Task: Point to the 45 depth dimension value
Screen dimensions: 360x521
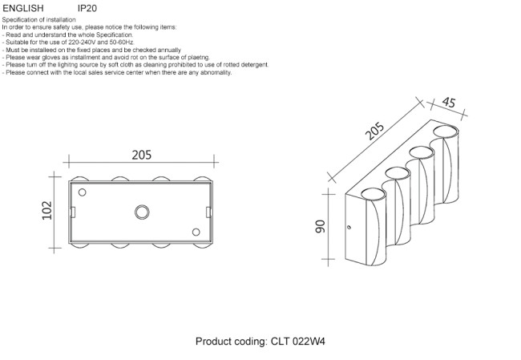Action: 448,102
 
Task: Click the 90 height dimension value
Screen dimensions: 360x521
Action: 320,228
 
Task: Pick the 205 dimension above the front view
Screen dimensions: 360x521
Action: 141,156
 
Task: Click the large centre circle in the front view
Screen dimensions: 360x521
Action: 141,212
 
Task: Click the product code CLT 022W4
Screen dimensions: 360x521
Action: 295,342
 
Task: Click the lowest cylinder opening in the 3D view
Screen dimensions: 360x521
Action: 371,193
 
